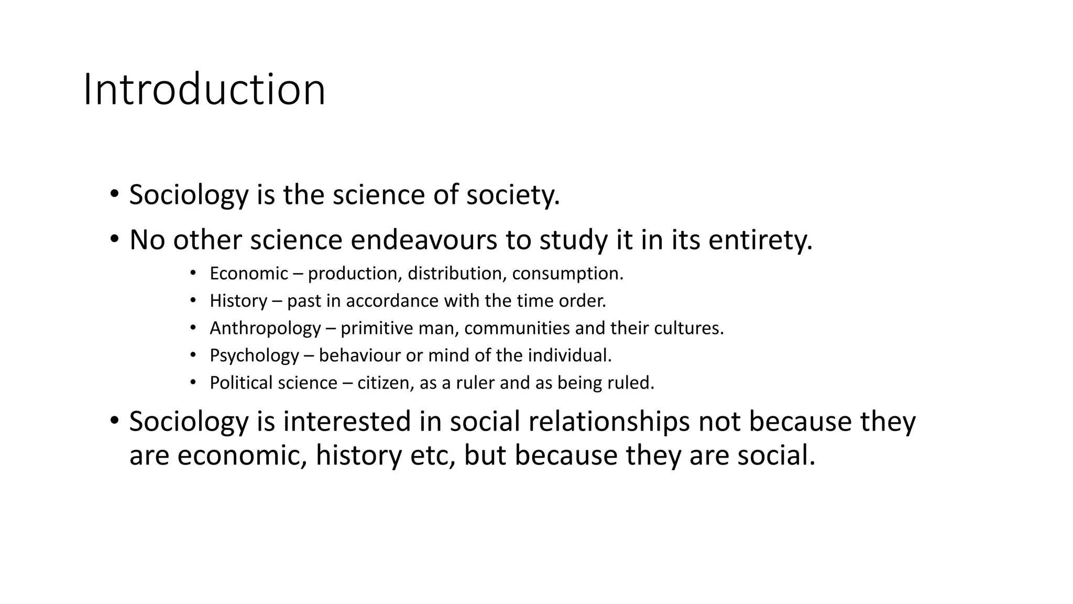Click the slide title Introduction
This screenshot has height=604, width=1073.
pyautogui.click(x=204, y=90)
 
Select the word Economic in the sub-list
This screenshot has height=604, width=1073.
pyautogui.click(x=249, y=274)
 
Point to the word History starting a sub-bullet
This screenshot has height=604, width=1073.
pyautogui.click(x=238, y=301)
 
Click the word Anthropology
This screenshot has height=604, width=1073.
pyautogui.click(x=265, y=328)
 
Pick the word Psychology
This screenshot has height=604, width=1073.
pyautogui.click(x=254, y=355)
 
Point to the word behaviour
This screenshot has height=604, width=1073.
pyautogui.click(x=360, y=355)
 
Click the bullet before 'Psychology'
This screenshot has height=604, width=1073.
pyautogui.click(x=193, y=355)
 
